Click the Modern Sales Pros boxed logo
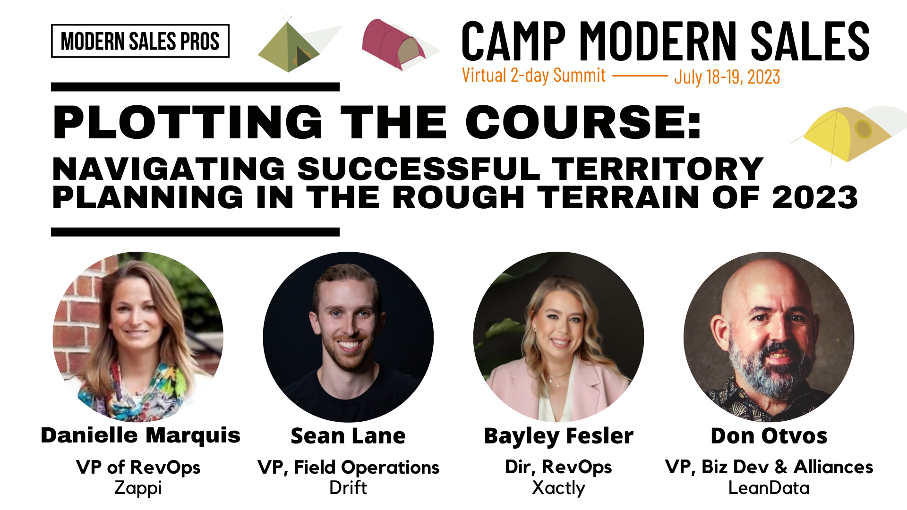click(140, 41)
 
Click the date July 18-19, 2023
click(727, 77)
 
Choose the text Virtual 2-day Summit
click(534, 76)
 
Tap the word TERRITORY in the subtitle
click(658, 169)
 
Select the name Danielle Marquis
click(141, 435)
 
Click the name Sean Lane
click(348, 436)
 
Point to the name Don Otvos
click(769, 436)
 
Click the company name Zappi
click(138, 488)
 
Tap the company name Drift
click(348, 487)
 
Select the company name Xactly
click(558, 488)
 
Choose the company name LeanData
click(769, 487)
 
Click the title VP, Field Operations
click(349, 467)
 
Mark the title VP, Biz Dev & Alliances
click(769, 467)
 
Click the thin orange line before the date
click(640, 76)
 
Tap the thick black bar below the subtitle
click(195, 232)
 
